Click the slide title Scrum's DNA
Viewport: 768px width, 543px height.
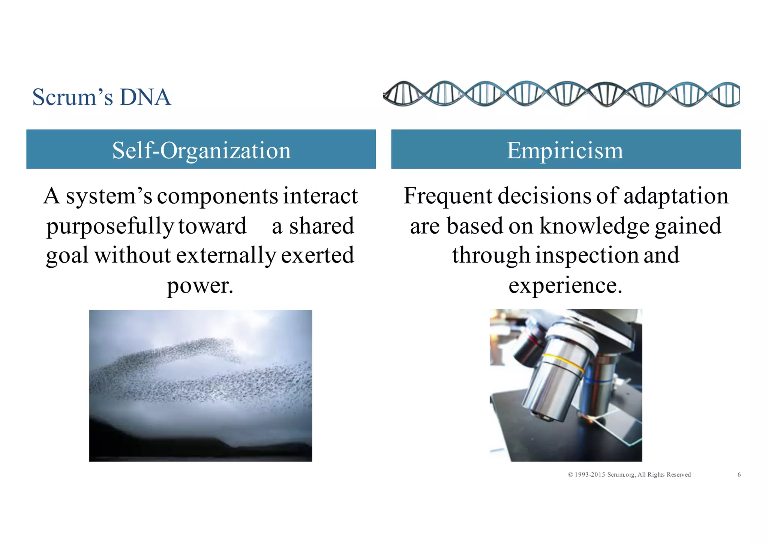click(x=102, y=97)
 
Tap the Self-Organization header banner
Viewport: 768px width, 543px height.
click(x=201, y=150)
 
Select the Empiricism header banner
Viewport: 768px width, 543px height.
click(x=565, y=150)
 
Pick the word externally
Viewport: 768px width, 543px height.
click(x=226, y=255)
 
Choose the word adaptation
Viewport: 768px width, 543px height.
click(x=676, y=196)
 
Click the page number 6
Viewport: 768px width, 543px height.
click(x=739, y=475)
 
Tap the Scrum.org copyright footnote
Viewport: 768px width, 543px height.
click(x=629, y=475)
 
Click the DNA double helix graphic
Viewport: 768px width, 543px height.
click(x=561, y=94)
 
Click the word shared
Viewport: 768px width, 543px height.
click(x=321, y=226)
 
